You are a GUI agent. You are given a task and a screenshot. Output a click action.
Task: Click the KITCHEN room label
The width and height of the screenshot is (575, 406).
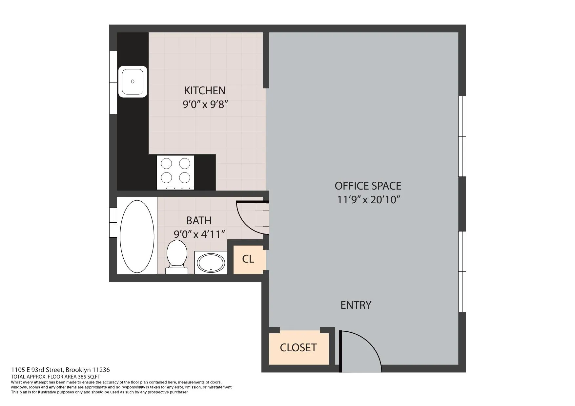pyautogui.click(x=205, y=91)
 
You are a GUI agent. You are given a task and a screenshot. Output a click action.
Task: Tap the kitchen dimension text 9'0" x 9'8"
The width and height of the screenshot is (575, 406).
pyautogui.click(x=205, y=105)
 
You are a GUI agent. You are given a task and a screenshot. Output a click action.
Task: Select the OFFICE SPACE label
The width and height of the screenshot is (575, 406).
pyautogui.click(x=368, y=186)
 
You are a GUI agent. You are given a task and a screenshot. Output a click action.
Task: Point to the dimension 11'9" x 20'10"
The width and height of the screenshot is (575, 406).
pyautogui.click(x=369, y=200)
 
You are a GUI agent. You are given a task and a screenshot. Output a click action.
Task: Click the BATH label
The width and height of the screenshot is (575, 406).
pyautogui.click(x=199, y=221)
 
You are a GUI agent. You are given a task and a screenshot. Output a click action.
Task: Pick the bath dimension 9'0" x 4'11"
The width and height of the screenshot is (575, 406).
pyautogui.click(x=199, y=234)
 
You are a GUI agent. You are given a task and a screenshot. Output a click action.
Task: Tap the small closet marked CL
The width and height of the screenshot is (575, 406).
pyautogui.click(x=248, y=259)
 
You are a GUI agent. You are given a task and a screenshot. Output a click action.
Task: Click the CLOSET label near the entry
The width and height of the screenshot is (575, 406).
pyautogui.click(x=298, y=347)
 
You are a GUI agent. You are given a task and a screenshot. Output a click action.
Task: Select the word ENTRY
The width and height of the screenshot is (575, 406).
pyautogui.click(x=356, y=305)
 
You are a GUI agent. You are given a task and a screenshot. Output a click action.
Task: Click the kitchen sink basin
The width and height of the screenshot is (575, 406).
pyautogui.click(x=133, y=82)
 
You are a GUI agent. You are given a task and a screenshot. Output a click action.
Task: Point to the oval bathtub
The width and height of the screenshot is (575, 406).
pyautogui.click(x=137, y=236)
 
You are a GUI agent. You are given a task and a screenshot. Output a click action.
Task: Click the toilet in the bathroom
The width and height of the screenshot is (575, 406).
pyautogui.click(x=177, y=256)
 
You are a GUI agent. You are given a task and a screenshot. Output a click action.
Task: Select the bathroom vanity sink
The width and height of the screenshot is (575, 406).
pyautogui.click(x=211, y=262)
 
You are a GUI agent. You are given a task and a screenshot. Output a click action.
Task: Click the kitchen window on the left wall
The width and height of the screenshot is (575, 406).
pyautogui.click(x=113, y=82)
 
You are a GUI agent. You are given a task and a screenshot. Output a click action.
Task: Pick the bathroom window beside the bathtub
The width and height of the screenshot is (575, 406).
pyautogui.click(x=113, y=222)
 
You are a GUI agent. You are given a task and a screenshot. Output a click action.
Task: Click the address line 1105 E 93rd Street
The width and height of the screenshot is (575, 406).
pyautogui.click(x=60, y=370)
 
